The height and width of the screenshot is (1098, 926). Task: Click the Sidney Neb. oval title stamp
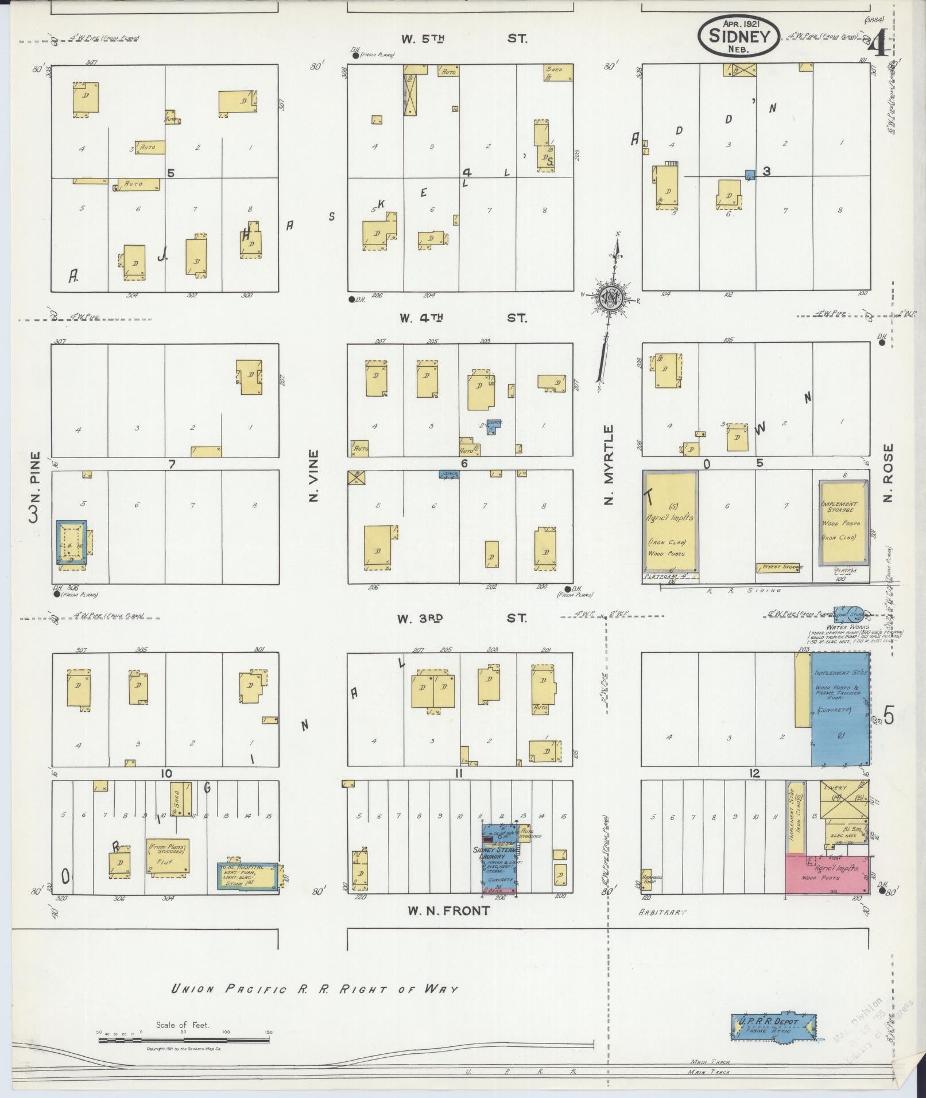click(738, 36)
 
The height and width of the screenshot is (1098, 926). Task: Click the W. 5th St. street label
click(464, 39)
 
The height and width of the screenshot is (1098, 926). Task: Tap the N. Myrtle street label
click(609, 464)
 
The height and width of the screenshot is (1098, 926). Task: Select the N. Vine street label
click(313, 475)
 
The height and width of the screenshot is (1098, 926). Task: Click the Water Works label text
click(837, 627)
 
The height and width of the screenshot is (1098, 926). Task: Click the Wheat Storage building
click(779, 567)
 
